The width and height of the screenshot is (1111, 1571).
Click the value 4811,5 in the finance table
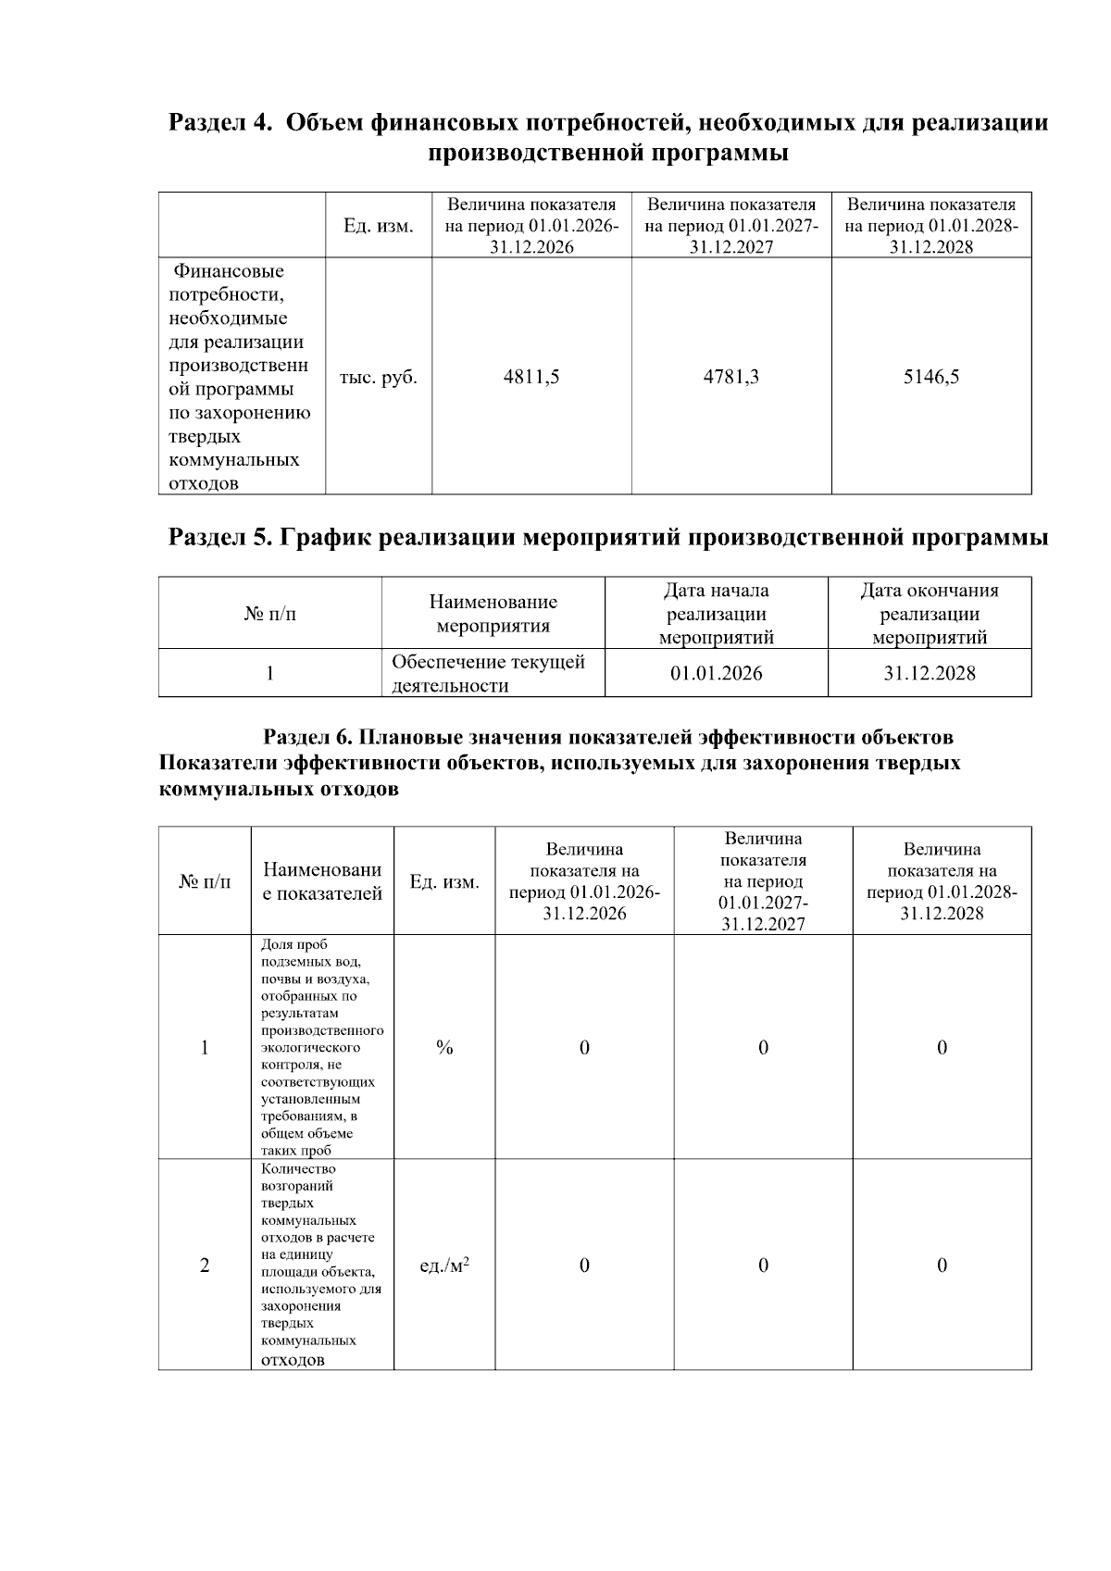pos(531,377)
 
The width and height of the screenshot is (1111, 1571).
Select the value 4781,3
pos(730,377)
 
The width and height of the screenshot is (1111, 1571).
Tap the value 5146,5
pos(930,377)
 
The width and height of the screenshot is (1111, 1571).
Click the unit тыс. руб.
pos(378,378)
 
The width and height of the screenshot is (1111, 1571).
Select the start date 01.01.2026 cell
pos(716,673)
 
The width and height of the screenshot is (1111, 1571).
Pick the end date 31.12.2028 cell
pos(929,673)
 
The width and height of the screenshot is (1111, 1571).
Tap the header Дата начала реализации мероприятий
pos(716,614)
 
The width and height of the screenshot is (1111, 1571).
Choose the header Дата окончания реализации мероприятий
pos(929,614)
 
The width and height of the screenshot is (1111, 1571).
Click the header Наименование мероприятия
pos(493,614)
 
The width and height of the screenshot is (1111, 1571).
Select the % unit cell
pos(444,1047)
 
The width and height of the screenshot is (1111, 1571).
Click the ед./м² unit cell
pos(444,1265)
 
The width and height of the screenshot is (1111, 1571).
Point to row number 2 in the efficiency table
pos(205,1265)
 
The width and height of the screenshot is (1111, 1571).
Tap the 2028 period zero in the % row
pos(942,1047)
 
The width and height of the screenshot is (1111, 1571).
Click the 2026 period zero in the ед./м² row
pos(584,1265)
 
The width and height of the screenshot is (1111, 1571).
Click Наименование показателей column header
pos(322,881)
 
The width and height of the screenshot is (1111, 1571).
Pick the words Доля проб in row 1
pos(288,944)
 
